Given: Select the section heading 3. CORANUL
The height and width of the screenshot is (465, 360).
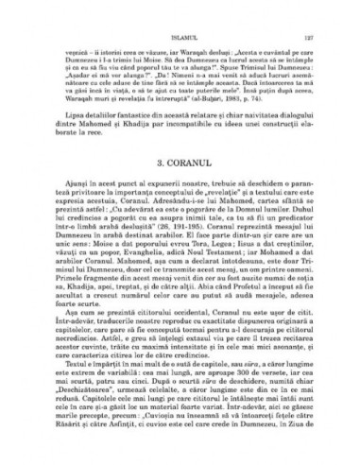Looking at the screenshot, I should (180, 173).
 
